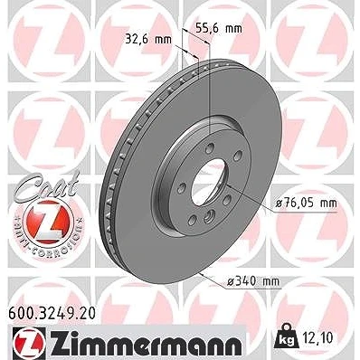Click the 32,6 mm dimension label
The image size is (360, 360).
pyautogui.click(x=148, y=39)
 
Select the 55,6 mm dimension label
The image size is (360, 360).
pyautogui.click(x=219, y=28)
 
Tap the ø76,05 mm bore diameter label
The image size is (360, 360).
pyautogui.click(x=307, y=204)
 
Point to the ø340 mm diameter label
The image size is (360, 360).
pyautogui.click(x=253, y=281)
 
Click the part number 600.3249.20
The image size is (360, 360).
pyautogui.click(x=52, y=313)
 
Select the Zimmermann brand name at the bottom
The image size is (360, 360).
pyautogui.click(x=145, y=344)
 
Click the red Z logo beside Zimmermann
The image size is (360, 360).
pyautogui.click(x=29, y=344)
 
